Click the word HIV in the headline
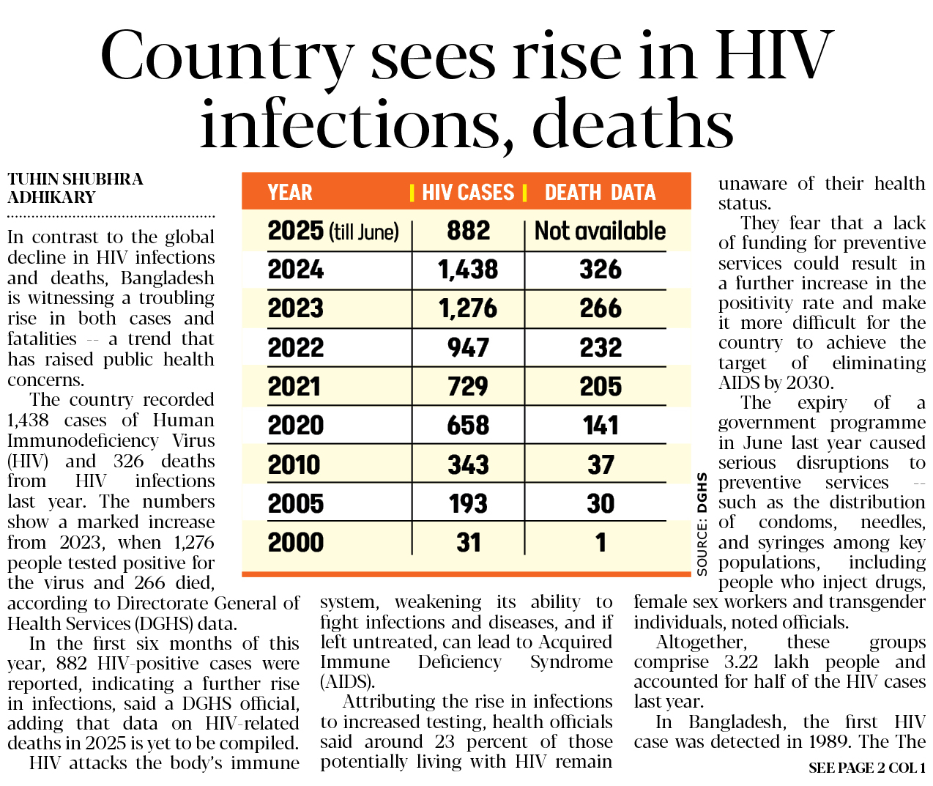[775, 56]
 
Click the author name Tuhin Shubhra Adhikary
[75, 188]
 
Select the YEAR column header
[290, 193]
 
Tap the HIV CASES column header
[468, 193]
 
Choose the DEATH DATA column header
[600, 193]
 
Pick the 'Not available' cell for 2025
[600, 231]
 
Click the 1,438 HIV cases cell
[468, 270]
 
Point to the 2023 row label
[296, 309]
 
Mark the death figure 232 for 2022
[601, 348]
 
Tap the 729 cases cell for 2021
[468, 387]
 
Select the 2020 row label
[296, 426]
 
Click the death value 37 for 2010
[601, 464]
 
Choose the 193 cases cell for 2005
[468, 504]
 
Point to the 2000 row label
[296, 543]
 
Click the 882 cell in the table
[468, 231]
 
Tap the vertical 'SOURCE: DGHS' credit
[702, 524]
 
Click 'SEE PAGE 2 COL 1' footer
[866, 768]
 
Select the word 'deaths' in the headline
[633, 125]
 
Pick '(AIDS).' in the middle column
[348, 682]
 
